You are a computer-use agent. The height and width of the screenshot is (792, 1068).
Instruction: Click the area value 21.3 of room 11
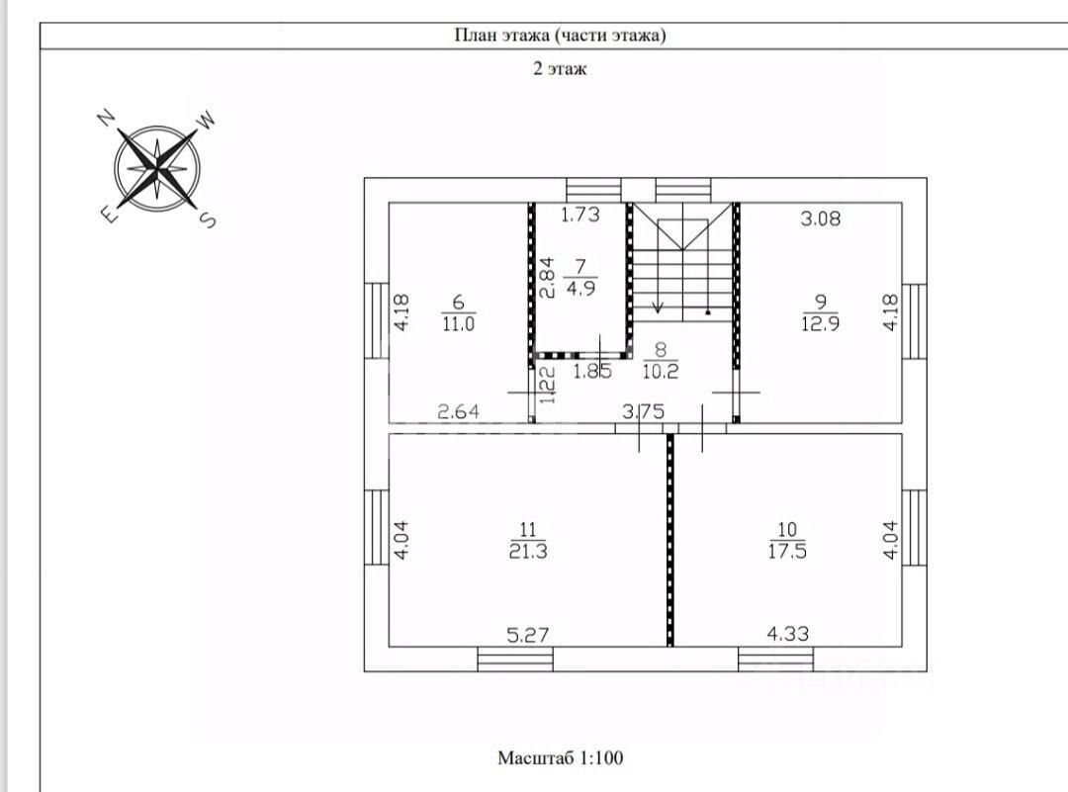coord(528,551)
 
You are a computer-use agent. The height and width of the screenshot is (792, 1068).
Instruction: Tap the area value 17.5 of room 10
coord(787,551)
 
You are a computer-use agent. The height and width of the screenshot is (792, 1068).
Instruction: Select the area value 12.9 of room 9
coord(820,323)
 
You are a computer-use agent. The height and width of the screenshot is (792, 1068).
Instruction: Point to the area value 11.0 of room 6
coord(458,323)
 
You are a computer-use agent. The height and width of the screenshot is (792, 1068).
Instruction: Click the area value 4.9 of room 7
coord(580,288)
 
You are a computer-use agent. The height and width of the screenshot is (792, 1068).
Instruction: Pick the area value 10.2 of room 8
coord(660,371)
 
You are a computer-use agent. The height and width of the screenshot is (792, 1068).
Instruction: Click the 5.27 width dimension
coord(528,636)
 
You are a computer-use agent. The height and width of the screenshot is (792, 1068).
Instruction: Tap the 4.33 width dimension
coord(788,634)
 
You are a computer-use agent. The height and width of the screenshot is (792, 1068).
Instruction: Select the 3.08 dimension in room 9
coord(820,219)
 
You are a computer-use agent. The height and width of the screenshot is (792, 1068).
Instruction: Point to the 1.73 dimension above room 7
coord(580,215)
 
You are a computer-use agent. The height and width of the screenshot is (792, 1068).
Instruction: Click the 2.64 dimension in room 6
coord(459,411)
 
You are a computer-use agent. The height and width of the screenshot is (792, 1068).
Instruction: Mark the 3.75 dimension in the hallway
coord(643,411)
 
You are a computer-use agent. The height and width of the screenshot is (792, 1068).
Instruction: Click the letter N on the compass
coord(106,118)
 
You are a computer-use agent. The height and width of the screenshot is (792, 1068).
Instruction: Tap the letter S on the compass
coord(209,220)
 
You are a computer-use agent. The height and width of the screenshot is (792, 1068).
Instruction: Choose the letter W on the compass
coord(207,120)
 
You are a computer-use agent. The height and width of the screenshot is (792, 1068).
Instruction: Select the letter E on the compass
coord(109,215)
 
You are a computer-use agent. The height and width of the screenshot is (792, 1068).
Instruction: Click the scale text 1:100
coord(601,758)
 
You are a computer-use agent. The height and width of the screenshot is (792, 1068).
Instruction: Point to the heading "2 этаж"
coord(559,69)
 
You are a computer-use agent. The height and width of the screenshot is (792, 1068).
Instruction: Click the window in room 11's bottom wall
coord(515,660)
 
